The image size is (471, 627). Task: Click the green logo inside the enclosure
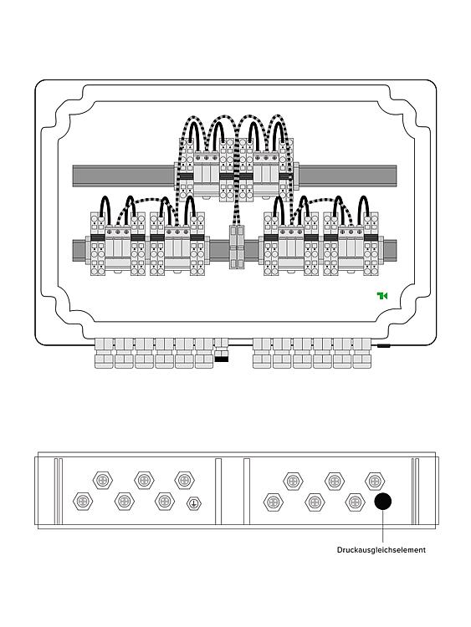381,296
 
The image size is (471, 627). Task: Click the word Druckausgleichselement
381,550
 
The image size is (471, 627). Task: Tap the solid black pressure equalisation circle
382,501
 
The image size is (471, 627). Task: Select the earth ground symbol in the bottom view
194,503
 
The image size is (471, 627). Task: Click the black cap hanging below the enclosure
222,359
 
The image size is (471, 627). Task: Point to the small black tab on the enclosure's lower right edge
383,345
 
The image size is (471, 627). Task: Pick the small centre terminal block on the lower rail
237,247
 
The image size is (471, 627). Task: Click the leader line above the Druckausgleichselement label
382,526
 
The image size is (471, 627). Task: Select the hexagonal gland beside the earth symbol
165,501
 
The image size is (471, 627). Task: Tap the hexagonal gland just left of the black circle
355,502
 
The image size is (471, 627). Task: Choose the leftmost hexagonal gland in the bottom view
83,501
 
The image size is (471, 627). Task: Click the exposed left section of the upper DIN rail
124,176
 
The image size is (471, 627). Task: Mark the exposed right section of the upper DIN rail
347,176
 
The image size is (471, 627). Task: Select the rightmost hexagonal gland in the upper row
375,481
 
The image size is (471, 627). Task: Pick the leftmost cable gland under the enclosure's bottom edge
104,353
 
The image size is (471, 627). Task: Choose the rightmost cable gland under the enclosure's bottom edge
362,353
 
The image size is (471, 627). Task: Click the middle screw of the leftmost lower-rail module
118,232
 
